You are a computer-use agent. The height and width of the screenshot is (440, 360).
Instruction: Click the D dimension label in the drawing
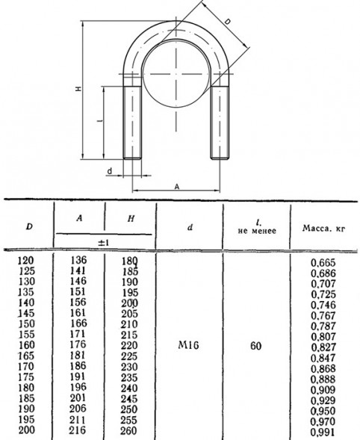228,22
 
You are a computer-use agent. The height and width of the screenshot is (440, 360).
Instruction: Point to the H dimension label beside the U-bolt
78,89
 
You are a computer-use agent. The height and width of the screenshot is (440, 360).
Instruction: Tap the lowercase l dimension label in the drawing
100,121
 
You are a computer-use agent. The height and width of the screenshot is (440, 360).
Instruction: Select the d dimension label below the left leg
110,171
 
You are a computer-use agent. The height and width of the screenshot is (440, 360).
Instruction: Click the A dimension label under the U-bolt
177,187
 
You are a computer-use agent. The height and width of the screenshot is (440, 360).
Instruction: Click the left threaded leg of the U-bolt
132,123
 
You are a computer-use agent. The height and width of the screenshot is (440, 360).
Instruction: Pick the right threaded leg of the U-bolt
220,123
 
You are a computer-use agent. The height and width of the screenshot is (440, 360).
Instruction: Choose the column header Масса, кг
323,229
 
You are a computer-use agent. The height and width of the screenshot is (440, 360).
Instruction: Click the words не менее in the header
257,231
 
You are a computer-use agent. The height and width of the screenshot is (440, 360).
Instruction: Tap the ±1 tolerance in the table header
103,243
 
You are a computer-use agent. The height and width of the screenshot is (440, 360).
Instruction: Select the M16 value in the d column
188,345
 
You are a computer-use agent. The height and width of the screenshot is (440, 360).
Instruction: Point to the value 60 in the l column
255,346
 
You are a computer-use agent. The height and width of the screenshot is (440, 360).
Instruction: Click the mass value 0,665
323,263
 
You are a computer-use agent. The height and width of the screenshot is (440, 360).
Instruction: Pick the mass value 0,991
323,432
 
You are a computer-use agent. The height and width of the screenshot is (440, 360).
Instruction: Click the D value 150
27,323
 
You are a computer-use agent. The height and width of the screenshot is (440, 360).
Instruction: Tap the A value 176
78,344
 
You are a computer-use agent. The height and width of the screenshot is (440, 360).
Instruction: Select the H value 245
130,399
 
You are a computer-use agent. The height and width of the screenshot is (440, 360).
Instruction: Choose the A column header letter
79,217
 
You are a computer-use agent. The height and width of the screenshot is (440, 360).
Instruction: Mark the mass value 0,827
323,347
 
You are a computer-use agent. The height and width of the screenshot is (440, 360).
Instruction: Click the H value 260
130,431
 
